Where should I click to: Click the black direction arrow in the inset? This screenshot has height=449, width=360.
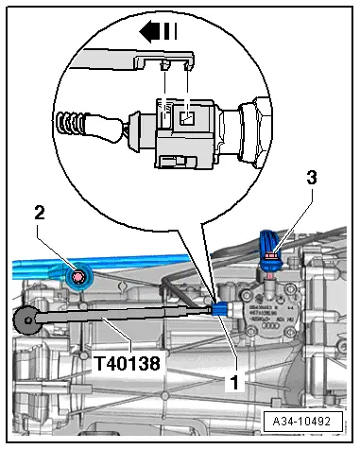[x=151, y=31]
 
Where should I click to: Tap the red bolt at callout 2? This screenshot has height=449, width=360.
[x=79, y=276]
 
